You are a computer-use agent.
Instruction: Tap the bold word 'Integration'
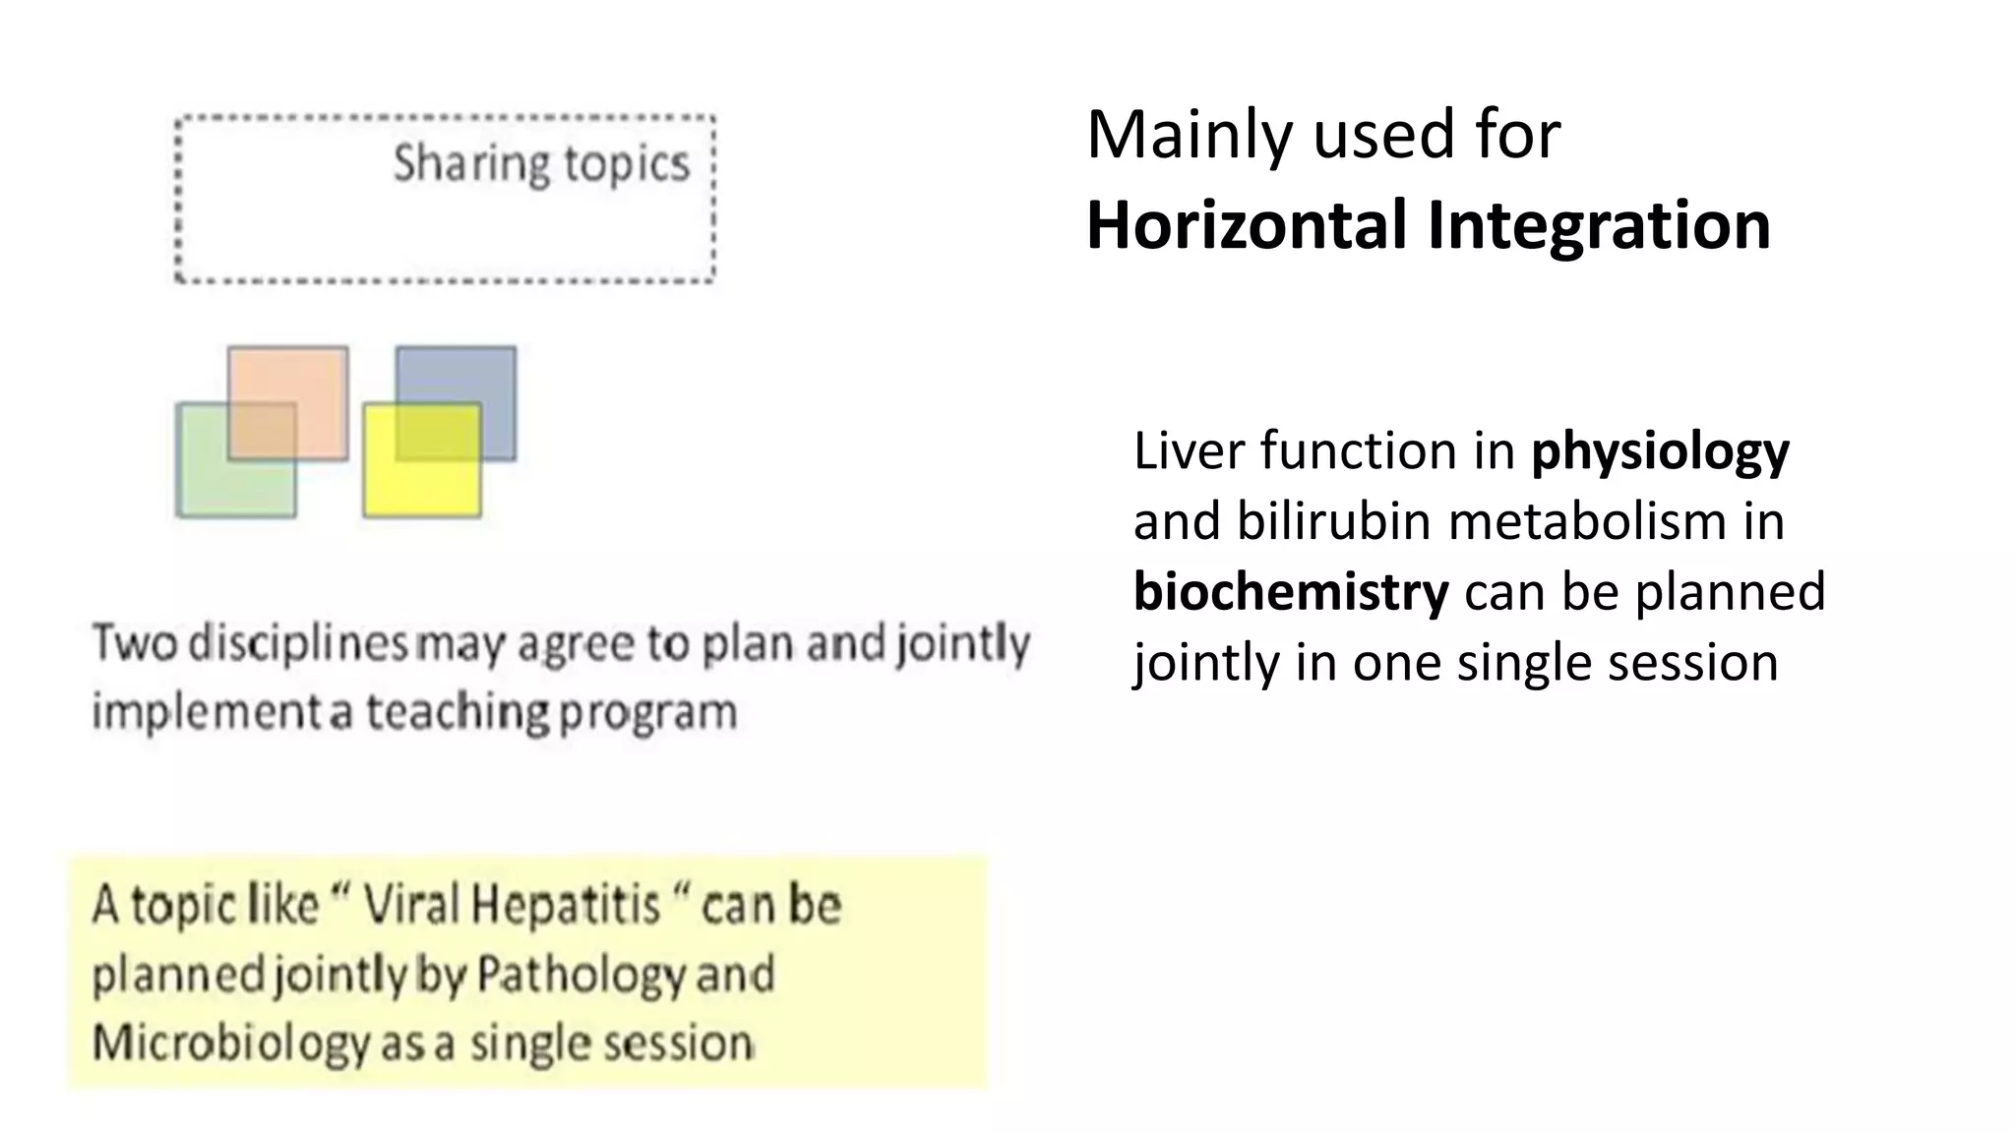pos(1599,225)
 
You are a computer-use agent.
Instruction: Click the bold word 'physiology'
pos(1660,451)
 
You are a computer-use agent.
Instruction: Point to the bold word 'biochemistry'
pos(1290,592)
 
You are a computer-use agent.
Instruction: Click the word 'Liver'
pos(1189,451)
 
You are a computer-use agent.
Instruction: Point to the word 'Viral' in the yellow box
pos(410,905)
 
